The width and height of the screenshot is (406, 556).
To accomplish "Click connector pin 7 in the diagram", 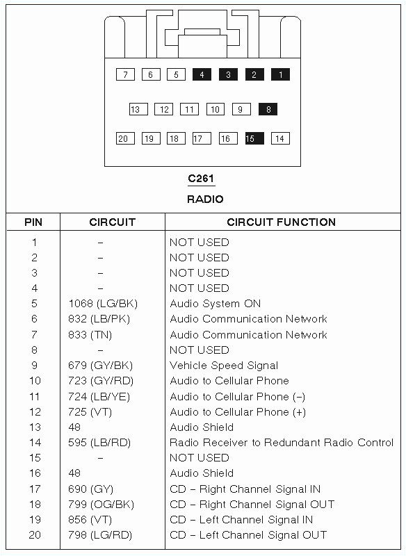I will coord(125,74).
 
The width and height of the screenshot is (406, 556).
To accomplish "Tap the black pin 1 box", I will coord(280,74).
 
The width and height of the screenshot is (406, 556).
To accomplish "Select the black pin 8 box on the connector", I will coord(268,109).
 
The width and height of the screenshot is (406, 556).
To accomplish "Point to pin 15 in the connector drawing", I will coord(254,138).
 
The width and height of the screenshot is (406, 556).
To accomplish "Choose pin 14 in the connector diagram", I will coord(280,138).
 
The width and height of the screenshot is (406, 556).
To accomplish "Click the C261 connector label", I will coord(201,179).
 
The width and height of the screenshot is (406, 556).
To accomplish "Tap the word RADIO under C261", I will coord(205,199).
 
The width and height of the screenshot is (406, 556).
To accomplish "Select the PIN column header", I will coord(33,222).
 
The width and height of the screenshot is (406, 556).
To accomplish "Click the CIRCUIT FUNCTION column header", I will coord(281,222).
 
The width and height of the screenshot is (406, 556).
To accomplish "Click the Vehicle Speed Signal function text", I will coord(224,366).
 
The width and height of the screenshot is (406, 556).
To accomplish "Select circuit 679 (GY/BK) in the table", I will coord(101,366).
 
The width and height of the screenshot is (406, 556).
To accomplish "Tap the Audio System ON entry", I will coord(215,304).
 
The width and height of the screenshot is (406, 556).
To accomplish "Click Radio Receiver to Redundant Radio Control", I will coord(282,443).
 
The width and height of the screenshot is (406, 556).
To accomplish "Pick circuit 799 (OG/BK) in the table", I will coord(101,505).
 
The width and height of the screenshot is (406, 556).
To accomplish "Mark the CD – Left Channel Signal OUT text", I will coord(248,535).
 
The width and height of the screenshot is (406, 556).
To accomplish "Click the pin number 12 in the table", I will coord(35,412).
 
